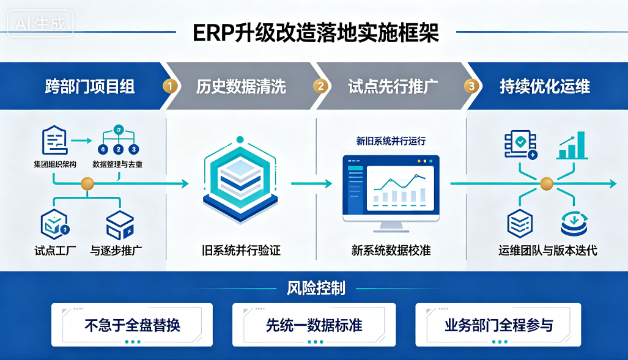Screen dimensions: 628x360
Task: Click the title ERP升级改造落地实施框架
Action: (316, 33)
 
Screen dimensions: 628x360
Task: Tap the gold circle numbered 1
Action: (170, 86)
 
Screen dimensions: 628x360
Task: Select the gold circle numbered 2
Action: (320, 86)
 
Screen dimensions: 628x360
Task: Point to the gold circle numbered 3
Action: (471, 86)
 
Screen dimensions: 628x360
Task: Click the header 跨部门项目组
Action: (90, 87)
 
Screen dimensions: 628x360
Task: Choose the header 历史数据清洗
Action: (241, 87)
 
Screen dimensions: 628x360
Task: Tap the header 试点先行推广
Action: (393, 87)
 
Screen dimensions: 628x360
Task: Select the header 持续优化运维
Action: (545, 87)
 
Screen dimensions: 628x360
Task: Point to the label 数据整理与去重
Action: (117, 164)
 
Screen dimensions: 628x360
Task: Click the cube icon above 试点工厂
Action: (54, 224)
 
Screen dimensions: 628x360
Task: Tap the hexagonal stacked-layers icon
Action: (240, 180)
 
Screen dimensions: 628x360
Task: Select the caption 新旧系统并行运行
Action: (391, 141)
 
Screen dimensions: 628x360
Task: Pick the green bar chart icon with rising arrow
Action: (572, 145)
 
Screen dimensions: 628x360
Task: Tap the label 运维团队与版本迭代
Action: (548, 251)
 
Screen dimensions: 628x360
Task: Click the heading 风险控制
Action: (316, 288)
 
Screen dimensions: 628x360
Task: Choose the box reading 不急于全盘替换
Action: (132, 325)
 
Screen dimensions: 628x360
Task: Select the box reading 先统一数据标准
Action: (314, 325)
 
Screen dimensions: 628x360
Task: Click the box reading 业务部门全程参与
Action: (498, 325)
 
